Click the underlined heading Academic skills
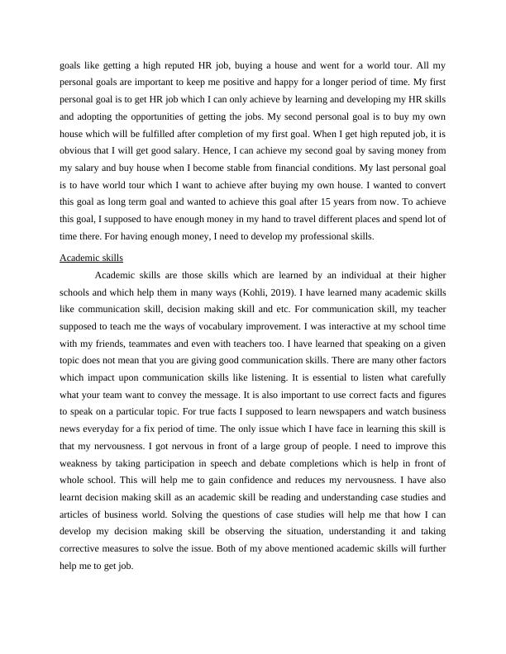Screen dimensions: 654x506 (x=91, y=258)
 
